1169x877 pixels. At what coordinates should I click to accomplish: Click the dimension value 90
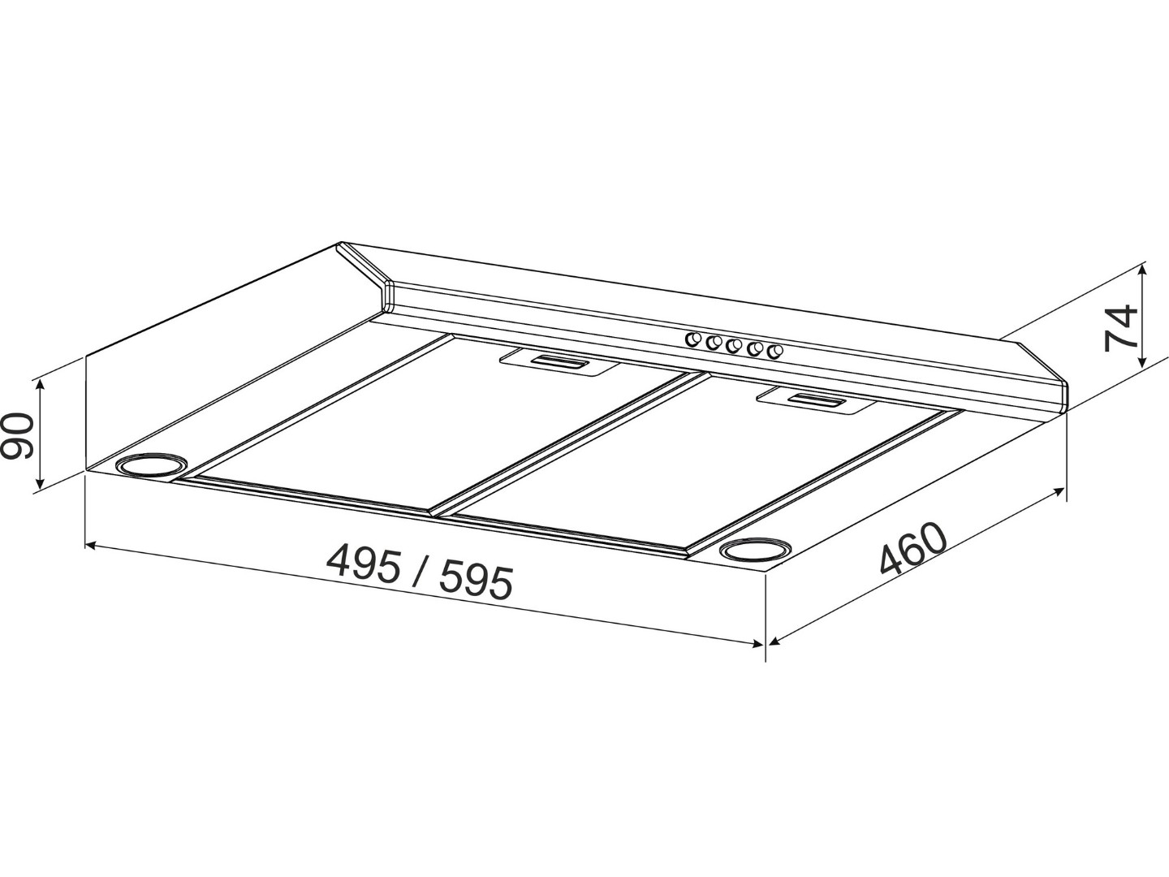click(x=16, y=435)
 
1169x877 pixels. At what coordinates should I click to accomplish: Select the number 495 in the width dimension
click(x=364, y=565)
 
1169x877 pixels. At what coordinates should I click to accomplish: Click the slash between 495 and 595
click(x=421, y=573)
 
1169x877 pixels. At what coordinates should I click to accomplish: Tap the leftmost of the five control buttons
click(x=693, y=339)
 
